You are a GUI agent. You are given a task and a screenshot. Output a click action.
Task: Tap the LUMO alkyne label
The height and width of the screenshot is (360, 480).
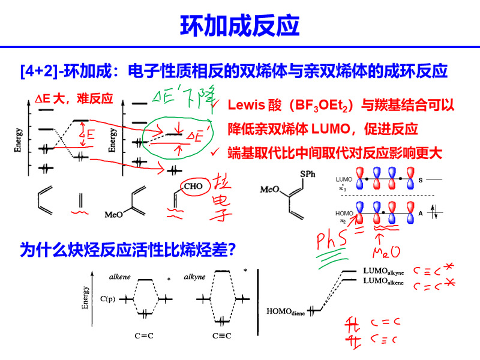pyautogui.click(x=383, y=271)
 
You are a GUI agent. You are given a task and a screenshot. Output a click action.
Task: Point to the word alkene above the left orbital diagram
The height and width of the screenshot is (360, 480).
pyautogui.click(x=120, y=277)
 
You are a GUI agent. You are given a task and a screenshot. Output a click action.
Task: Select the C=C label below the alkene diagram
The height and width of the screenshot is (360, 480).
pyautogui.click(x=144, y=335)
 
